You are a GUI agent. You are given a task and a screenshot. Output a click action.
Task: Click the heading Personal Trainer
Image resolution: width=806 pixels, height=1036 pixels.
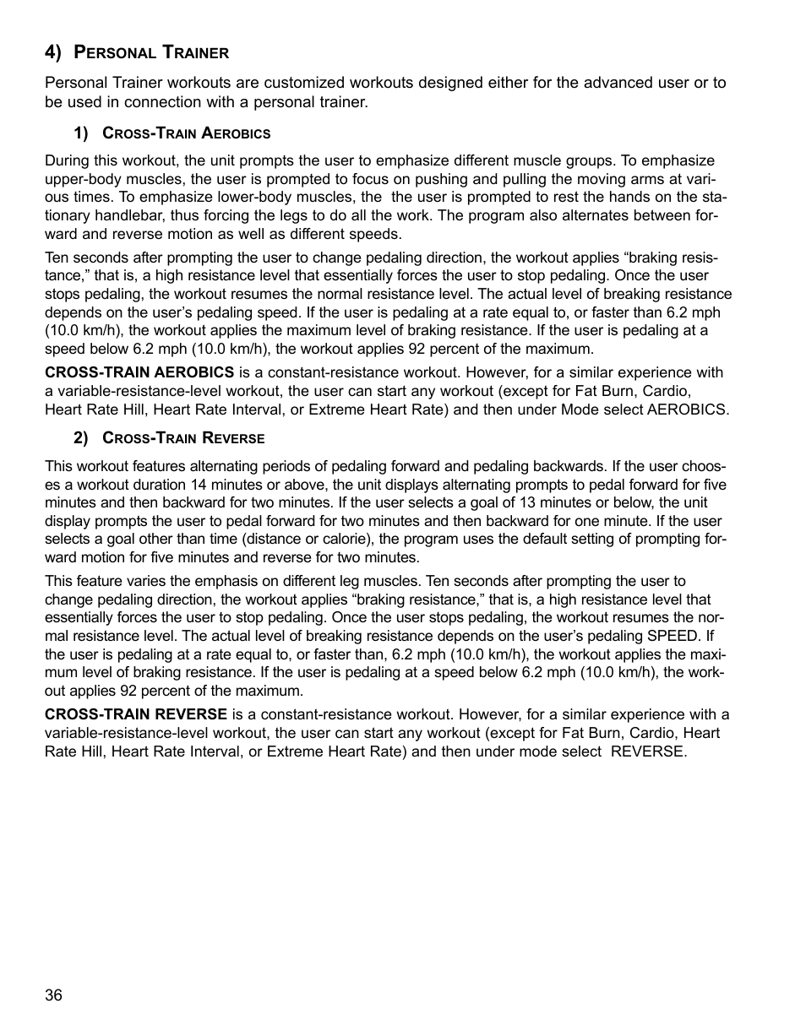[151, 53]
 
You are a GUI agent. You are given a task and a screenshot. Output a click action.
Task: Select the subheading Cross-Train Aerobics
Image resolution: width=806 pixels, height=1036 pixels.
[186, 133]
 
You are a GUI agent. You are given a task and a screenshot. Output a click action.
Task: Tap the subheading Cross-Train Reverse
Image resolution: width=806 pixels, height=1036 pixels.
[183, 438]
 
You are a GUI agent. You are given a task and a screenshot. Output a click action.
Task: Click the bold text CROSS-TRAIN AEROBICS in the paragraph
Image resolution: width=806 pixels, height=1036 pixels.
[139, 372]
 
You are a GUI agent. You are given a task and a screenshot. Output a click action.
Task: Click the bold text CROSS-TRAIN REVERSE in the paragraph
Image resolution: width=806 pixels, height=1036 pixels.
[136, 714]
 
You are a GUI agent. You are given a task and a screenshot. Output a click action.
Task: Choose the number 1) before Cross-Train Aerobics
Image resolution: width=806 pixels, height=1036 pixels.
[81, 133]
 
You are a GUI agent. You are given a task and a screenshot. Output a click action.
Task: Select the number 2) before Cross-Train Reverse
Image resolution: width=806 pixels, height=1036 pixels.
[81, 438]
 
